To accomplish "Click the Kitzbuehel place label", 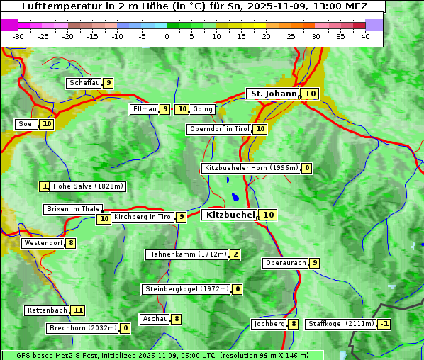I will (230, 215).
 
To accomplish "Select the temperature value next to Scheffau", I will (108, 83).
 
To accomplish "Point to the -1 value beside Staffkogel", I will (384, 324).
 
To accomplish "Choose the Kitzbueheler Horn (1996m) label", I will (251, 168).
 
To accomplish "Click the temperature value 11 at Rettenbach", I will (78, 310).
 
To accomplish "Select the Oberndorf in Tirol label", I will (220, 129).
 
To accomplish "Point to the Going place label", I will (203, 109).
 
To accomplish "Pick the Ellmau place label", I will (144, 109).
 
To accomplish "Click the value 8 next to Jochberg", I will (293, 324).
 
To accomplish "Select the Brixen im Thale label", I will (73, 209).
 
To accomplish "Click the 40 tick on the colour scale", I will (365, 36).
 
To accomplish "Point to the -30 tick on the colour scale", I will (18, 36).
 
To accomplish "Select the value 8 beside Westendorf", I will (71, 243).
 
